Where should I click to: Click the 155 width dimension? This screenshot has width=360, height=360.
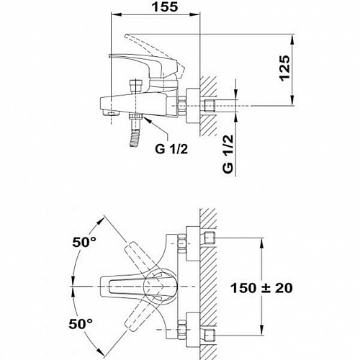click(166, 6)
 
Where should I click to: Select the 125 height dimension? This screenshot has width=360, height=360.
click(285, 68)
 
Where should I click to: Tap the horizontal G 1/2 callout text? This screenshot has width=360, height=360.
click(171, 149)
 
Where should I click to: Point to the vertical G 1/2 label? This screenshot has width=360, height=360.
click(228, 154)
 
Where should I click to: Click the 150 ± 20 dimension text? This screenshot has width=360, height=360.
click(261, 288)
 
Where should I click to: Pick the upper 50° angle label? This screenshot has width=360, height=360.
click(84, 242)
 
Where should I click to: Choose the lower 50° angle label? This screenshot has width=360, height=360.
click(81, 324)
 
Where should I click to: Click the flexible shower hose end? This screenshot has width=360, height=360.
click(135, 138)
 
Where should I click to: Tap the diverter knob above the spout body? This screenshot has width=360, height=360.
click(136, 86)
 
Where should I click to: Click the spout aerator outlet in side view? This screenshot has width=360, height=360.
click(111, 113)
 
